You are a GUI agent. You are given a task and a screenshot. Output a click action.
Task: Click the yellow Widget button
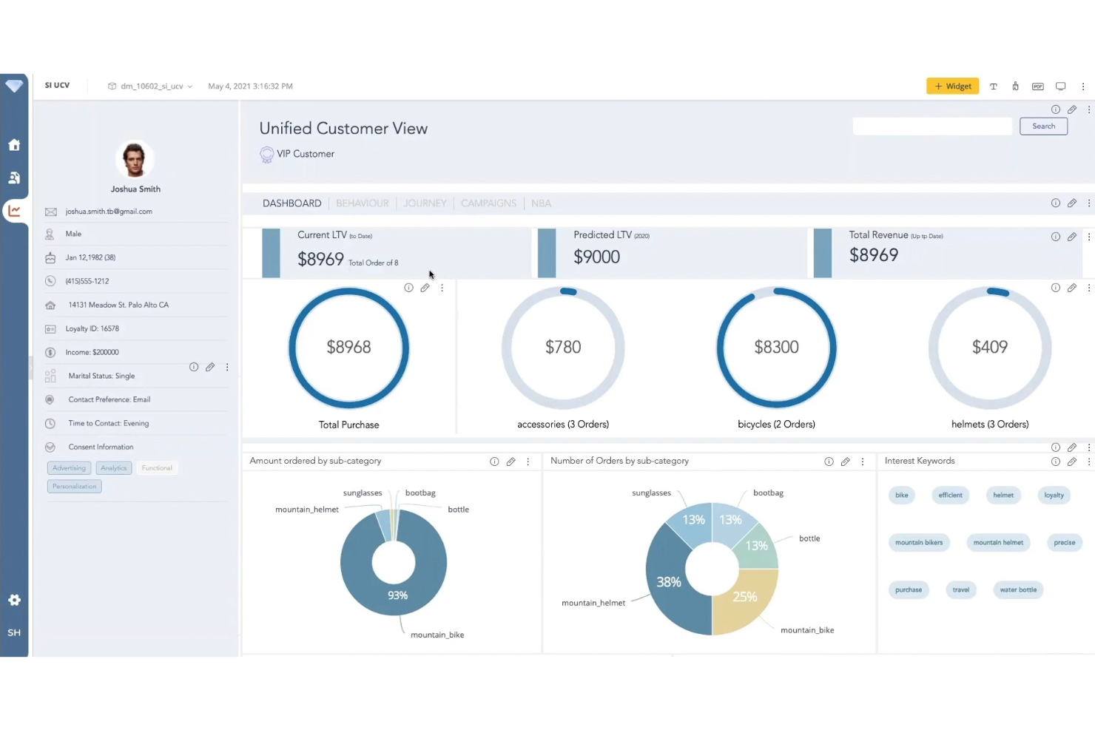(952, 87)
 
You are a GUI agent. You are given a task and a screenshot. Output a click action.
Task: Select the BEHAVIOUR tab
(362, 203)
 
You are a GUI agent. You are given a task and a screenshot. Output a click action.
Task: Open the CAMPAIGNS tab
(488, 203)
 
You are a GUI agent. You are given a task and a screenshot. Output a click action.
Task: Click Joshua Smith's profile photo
(135, 159)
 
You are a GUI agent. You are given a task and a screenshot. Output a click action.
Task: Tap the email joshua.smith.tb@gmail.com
(109, 212)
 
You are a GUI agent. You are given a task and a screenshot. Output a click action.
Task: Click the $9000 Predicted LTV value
(596, 257)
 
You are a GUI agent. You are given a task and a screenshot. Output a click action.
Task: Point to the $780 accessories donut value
(563, 347)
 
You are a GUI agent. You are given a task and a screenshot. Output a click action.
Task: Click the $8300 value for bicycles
(776, 347)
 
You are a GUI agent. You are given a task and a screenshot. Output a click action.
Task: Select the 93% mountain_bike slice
(397, 595)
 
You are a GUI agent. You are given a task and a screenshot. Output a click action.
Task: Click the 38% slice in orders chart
(668, 582)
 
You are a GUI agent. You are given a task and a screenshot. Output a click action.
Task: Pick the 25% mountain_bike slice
(744, 597)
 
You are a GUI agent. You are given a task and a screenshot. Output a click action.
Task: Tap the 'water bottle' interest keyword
(1017, 590)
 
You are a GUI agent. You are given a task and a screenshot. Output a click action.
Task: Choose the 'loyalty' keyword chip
(1054, 496)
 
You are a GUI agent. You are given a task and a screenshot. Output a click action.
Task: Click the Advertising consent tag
(69, 468)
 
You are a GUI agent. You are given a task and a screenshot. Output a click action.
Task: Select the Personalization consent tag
(75, 487)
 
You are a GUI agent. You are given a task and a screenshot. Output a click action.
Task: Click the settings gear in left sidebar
(14, 600)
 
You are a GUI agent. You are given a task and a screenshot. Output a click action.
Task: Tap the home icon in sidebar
(14, 145)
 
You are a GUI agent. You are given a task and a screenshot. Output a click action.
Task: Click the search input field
(931, 126)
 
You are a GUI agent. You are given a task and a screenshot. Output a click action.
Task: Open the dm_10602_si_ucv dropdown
(152, 87)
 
